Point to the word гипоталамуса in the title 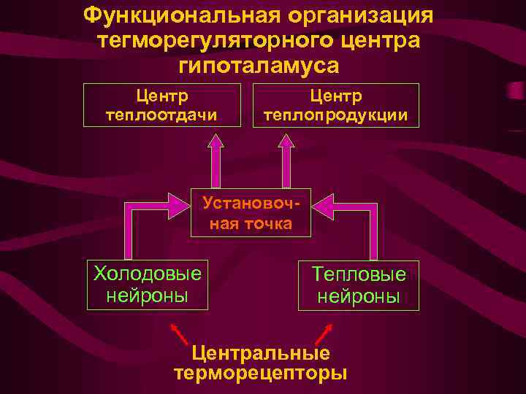click(258, 66)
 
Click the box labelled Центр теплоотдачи click(162, 105)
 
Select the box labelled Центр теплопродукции click(336, 105)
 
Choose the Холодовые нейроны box click(147, 285)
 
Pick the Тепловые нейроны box click(358, 285)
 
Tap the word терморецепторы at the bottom click(260, 374)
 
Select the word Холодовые click(147, 274)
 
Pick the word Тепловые click(358, 274)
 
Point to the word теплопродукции click(336, 115)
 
